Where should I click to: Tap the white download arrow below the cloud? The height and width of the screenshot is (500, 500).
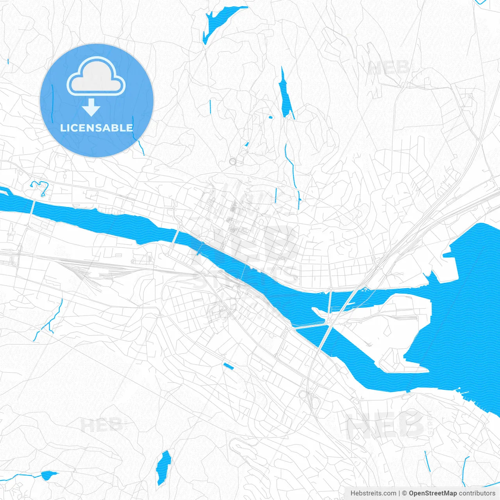pyautogui.click(x=91, y=107)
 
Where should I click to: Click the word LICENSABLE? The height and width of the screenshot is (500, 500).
pyautogui.click(x=96, y=128)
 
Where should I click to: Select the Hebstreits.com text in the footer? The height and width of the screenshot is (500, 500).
pyautogui.click(x=373, y=493)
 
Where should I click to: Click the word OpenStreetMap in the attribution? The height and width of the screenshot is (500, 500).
pyautogui.click(x=433, y=493)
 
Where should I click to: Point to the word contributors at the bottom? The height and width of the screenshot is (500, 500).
pyautogui.click(x=477, y=493)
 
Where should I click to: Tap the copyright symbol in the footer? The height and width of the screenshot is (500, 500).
pyautogui.click(x=405, y=493)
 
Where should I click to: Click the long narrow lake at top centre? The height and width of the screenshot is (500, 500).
pyautogui.click(x=285, y=96)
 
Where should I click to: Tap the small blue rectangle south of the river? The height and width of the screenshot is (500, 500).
pyautogui.click(x=228, y=366)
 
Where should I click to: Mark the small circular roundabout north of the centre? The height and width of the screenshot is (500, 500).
pyautogui.click(x=233, y=161)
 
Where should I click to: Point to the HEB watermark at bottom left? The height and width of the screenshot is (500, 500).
pyautogui.click(x=101, y=425)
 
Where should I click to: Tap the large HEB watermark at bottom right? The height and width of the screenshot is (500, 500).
pyautogui.click(x=385, y=425)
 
